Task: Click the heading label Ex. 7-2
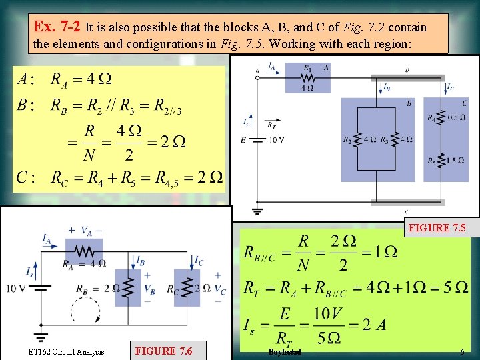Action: pyautogui.click(x=59, y=27)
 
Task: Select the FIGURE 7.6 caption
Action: pyautogui.click(x=163, y=351)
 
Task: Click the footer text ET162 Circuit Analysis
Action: pyautogui.click(x=66, y=351)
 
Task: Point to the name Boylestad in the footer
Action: pyautogui.click(x=285, y=351)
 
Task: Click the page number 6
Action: pyautogui.click(x=461, y=351)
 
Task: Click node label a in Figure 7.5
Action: pyautogui.click(x=258, y=69)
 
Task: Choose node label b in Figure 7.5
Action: pyautogui.click(x=407, y=69)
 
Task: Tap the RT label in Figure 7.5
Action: pyautogui.click(x=271, y=124)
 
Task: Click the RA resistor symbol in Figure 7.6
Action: pyautogui.click(x=84, y=251)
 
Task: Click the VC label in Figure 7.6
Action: pyautogui.click(x=222, y=291)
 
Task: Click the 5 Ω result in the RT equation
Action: pyautogui.click(x=457, y=287)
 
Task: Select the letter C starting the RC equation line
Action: pyautogui.click(x=22, y=177)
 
